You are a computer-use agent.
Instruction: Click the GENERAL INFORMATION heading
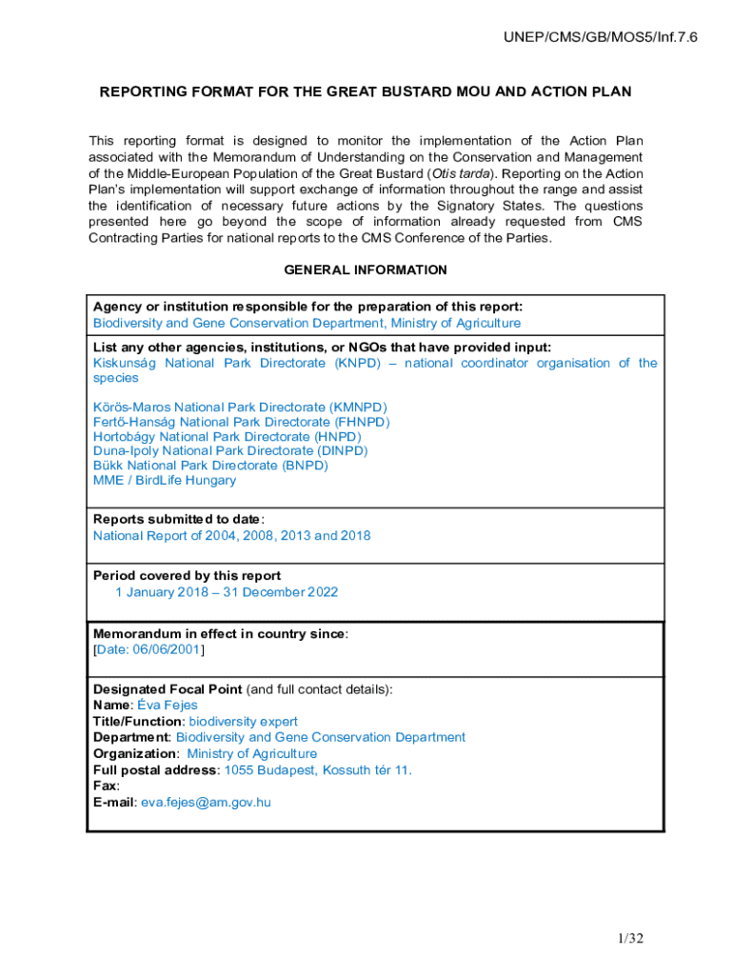pos(366,269)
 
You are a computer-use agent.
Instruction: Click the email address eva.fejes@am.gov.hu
pos(206,802)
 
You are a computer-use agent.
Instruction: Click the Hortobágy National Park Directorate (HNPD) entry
pos(228,436)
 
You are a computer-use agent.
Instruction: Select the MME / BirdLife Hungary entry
pos(165,480)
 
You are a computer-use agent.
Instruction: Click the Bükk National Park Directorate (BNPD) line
pos(210,466)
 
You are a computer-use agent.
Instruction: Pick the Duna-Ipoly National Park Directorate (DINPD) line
pos(230,450)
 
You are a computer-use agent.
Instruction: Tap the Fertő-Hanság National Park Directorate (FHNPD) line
pos(242,422)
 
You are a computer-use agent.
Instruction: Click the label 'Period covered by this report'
pos(187,575)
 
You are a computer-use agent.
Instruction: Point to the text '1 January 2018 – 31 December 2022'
pos(227,591)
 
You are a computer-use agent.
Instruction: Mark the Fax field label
pos(105,786)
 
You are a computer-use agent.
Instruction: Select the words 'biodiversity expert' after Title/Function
pos(243,721)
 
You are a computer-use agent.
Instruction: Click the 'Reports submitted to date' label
pos(177,519)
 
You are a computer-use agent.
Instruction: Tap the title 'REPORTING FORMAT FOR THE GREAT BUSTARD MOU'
pos(366,92)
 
